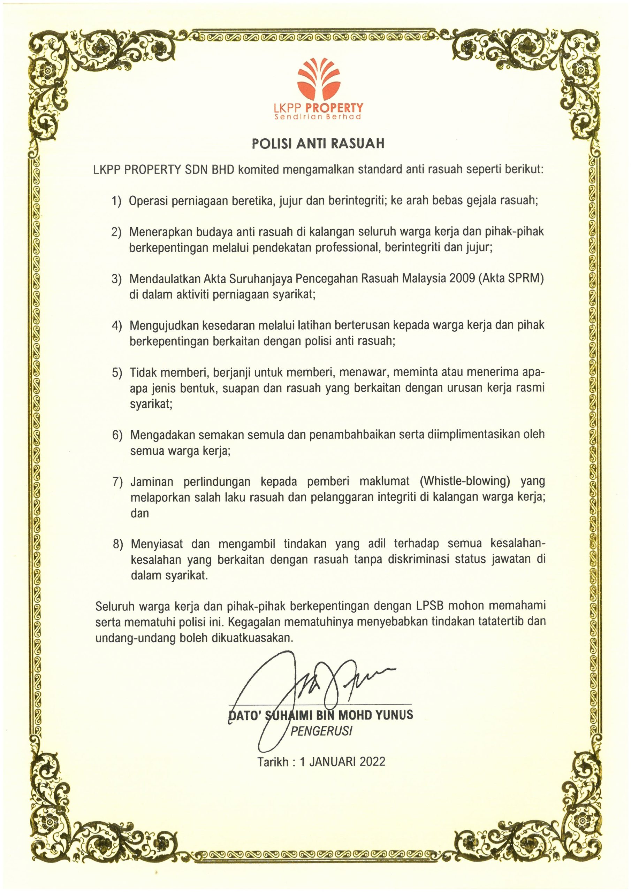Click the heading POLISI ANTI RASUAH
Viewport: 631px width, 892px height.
pyautogui.click(x=318, y=144)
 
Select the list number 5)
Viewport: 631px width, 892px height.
pyautogui.click(x=117, y=372)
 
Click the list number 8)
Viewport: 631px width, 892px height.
pyautogui.click(x=117, y=544)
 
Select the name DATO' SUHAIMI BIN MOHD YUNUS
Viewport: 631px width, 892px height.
pyautogui.click(x=320, y=715)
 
